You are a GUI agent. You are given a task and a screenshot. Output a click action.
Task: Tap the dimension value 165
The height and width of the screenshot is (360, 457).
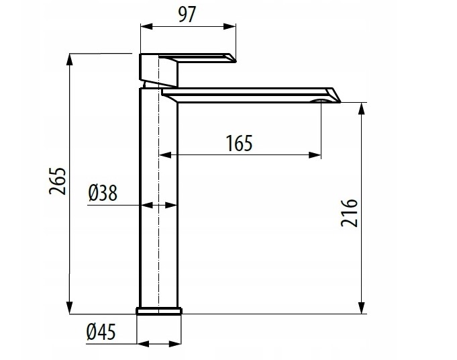pyautogui.click(x=240, y=143)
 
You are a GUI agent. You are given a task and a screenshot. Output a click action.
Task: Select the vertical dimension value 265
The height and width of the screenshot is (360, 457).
pyautogui.click(x=58, y=181)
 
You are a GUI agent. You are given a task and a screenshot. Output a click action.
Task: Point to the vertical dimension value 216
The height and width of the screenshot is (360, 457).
pyautogui.click(x=349, y=213)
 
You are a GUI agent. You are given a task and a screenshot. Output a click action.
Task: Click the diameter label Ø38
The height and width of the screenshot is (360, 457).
pyautogui.click(x=103, y=193)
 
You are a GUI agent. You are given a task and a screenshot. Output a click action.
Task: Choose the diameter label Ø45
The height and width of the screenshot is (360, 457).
pyautogui.click(x=101, y=332)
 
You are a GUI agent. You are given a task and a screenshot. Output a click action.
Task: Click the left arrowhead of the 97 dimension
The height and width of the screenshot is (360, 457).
pyautogui.click(x=146, y=26)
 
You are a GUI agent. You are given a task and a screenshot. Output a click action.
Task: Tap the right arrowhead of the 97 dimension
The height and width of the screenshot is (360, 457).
pyautogui.click(x=230, y=26)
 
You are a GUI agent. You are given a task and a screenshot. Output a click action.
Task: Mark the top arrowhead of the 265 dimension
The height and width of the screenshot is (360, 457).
pyautogui.click(x=69, y=60)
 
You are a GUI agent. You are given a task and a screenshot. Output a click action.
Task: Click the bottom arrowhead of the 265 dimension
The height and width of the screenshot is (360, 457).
pyautogui.click(x=69, y=308)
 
